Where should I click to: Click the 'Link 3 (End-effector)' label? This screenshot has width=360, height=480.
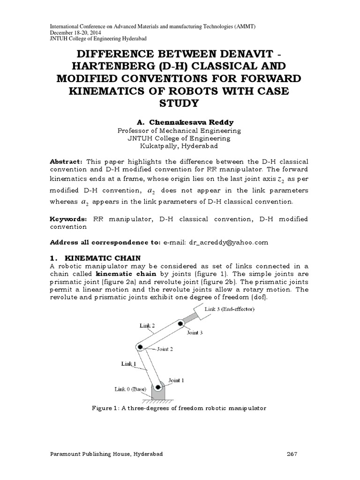pyautogui.click(x=230, y=309)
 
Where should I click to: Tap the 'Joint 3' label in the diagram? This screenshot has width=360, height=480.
pyautogui.click(x=195, y=333)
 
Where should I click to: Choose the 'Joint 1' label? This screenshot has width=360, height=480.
pyautogui.click(x=176, y=380)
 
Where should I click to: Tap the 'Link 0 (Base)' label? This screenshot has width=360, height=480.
pyautogui.click(x=131, y=389)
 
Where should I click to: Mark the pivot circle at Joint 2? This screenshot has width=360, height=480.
pyautogui.click(x=139, y=347)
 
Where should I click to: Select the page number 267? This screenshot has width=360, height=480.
pyautogui.click(x=292, y=454)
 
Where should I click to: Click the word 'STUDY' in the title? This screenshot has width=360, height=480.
pyautogui.click(x=180, y=102)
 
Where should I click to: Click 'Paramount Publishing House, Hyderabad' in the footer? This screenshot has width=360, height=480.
pyautogui.click(x=106, y=454)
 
